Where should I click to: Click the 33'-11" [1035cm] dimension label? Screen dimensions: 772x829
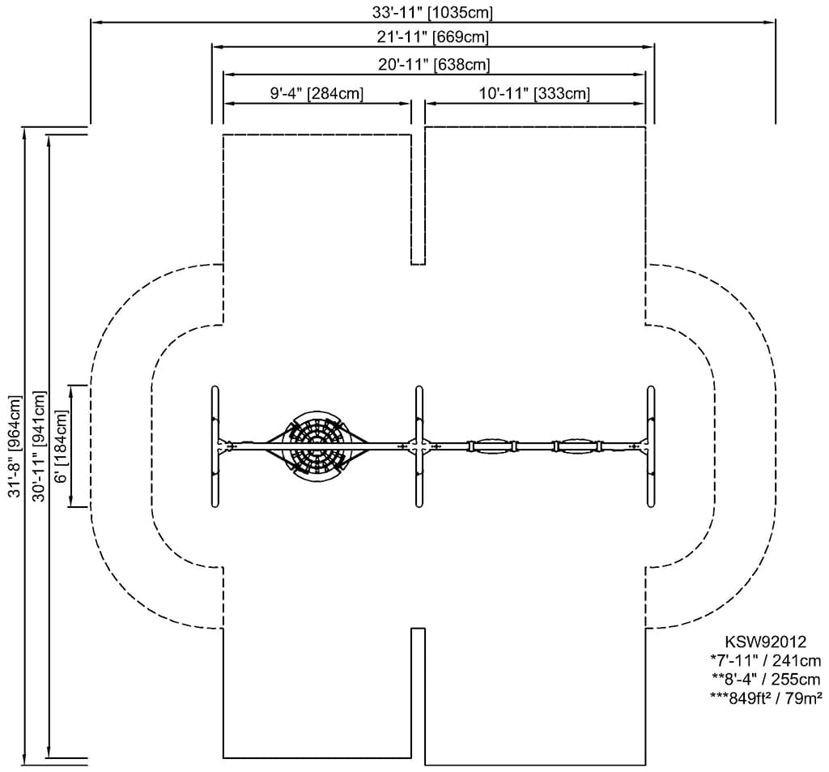tap(430, 12)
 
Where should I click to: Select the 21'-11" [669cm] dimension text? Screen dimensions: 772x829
tap(432, 37)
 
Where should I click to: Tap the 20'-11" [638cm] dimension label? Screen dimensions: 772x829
tap(433, 64)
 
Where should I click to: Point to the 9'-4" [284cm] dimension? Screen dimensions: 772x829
tap(316, 94)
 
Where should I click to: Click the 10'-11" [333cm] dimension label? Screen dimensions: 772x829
tap(534, 94)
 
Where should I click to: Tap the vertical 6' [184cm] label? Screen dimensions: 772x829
tap(61, 446)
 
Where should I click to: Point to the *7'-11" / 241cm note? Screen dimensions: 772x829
tap(765, 661)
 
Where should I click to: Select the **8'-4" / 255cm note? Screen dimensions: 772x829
tap(765, 679)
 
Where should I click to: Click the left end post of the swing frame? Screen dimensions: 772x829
tap(215, 446)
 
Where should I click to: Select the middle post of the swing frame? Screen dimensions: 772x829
tap(419, 446)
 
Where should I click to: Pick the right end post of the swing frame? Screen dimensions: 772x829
tap(650, 446)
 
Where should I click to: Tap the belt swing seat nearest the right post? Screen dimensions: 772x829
tap(576, 446)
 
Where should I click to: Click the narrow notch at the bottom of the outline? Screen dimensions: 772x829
tap(418, 693)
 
